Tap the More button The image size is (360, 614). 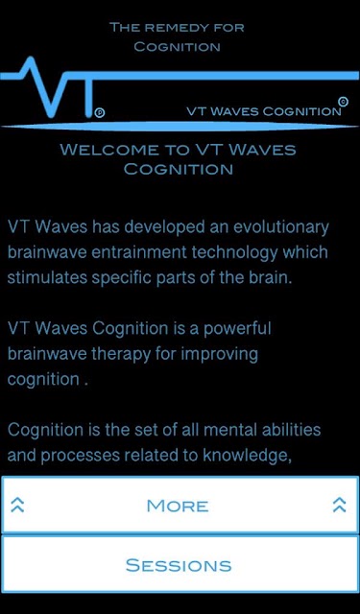coord(180,505)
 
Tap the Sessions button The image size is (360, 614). coord(180,564)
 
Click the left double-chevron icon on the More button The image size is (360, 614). coord(17,505)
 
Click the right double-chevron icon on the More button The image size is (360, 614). coord(339,505)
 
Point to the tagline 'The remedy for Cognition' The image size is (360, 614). coord(177,37)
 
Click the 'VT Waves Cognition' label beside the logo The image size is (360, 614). coord(264,111)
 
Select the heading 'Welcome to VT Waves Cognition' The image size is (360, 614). coord(179,159)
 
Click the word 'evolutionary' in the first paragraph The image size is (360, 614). coord(281,227)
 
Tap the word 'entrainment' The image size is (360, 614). coord(138,252)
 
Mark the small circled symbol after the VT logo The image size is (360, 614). coord(100,113)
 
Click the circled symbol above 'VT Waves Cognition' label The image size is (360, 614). coord(343,102)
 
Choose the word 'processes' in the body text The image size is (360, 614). coord(80,457)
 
